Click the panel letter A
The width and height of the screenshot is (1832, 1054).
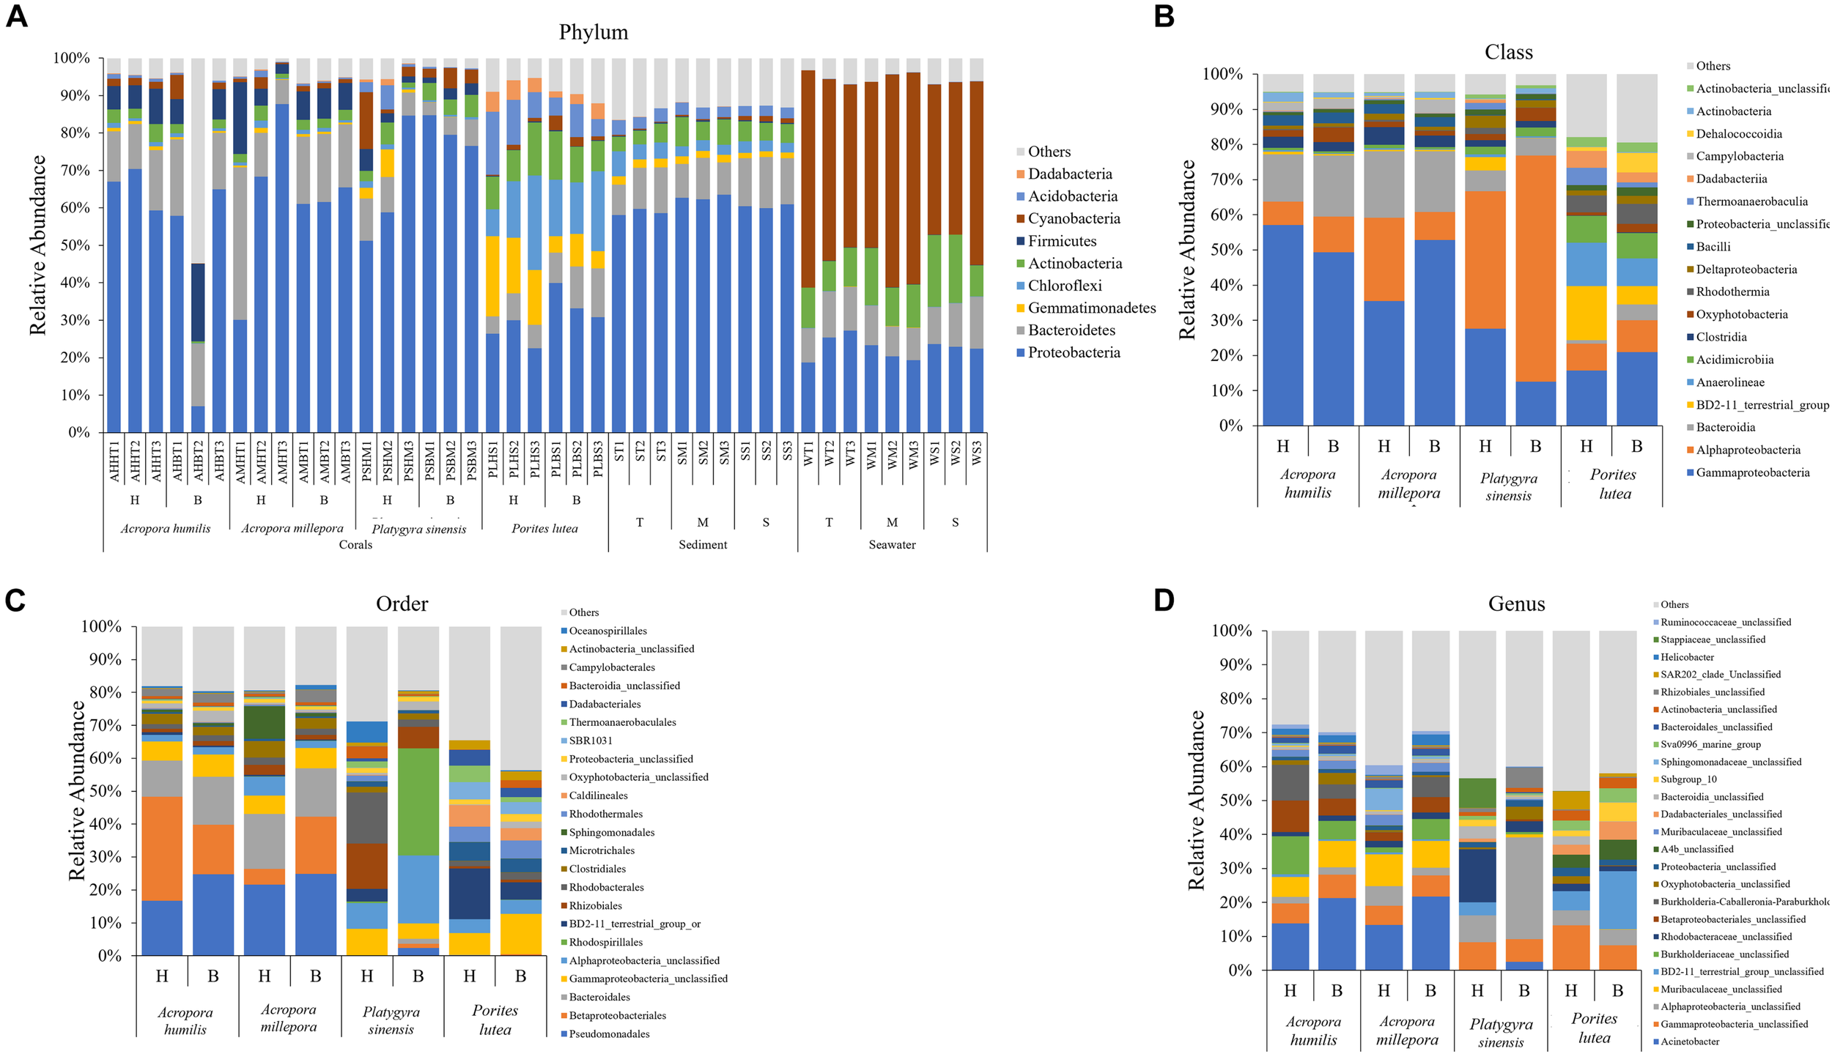16,16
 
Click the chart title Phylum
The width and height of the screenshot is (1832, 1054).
593,32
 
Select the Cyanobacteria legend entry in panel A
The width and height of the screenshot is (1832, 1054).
1073,218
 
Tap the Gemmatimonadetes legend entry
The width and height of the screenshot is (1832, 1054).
1091,308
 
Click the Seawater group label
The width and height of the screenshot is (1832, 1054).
892,544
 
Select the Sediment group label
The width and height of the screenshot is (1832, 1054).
702,544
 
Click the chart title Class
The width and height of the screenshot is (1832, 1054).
1508,52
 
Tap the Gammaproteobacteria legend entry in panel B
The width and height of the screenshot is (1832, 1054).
1752,472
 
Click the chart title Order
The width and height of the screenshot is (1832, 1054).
402,604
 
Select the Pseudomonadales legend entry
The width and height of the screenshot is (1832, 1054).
609,1033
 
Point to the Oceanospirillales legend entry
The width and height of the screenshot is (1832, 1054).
607,631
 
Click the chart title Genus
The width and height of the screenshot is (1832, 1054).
1516,604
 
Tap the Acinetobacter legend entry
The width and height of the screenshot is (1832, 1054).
1689,1041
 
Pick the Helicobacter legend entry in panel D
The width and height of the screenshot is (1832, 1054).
1687,657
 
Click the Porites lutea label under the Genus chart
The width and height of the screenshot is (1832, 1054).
1594,1028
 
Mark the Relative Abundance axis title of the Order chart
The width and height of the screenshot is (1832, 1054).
77,790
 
